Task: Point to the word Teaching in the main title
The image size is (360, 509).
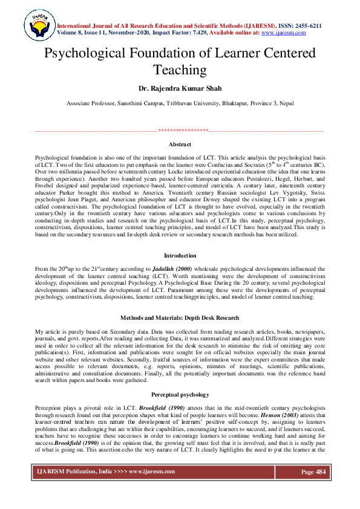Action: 180,70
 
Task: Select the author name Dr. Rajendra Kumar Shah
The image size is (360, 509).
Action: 180,88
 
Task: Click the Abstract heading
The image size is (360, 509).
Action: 180,144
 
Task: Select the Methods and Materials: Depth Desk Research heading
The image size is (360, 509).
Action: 180,317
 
